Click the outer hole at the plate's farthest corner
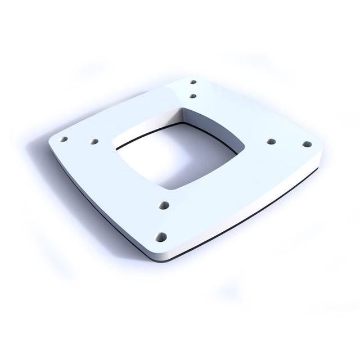(193, 82)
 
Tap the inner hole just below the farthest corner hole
(192, 96)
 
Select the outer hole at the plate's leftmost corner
(64, 139)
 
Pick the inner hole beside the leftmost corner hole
(94, 142)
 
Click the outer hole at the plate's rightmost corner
(307, 144)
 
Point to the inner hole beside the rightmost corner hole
(271, 141)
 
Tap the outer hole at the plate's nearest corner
(161, 237)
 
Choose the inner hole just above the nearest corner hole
(164, 206)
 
